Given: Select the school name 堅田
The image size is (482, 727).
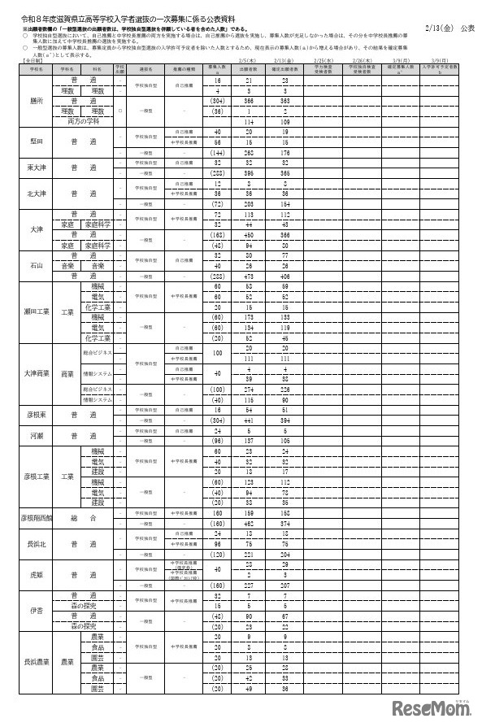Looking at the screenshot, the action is click(x=34, y=140).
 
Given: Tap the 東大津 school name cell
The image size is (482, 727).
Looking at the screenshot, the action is click(x=34, y=168).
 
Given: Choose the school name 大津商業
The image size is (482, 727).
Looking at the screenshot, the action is click(x=34, y=374).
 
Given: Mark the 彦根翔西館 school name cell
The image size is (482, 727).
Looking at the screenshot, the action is click(x=34, y=516).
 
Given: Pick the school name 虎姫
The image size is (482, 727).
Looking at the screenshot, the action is click(x=34, y=572).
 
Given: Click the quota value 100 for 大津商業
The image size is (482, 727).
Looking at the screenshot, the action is click(x=217, y=353).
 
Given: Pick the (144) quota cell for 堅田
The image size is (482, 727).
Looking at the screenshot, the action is click(x=217, y=152).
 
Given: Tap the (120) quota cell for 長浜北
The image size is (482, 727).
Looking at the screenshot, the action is click(x=217, y=554).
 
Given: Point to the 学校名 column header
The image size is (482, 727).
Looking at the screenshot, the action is click(x=34, y=70).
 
